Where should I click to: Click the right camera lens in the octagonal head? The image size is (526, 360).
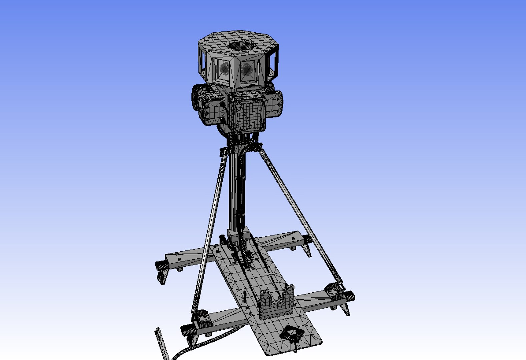(x=247, y=69)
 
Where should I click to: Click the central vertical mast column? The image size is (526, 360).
(x=237, y=190)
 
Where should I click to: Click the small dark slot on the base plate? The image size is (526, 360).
(x=245, y=296)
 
